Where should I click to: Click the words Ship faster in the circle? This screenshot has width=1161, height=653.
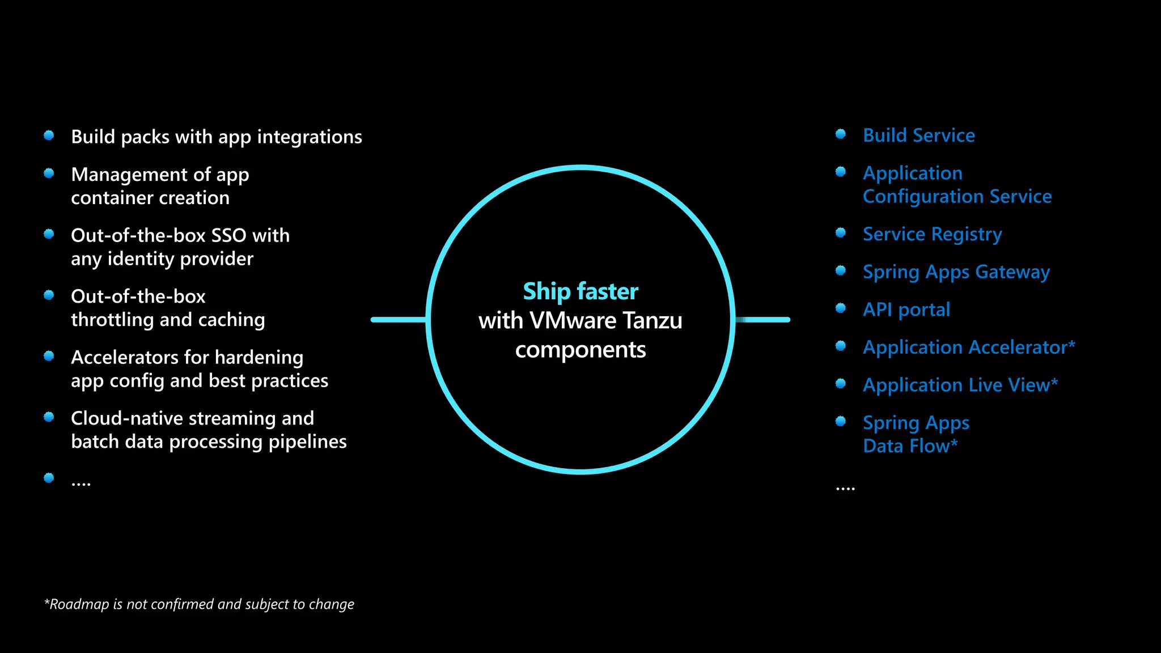580,291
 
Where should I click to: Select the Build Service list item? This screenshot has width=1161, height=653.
918,135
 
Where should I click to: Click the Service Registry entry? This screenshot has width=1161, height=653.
932,234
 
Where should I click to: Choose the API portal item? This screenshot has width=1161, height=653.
906,309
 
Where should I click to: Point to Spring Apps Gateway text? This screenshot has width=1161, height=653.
956,272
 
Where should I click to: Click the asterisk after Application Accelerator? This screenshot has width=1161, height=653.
1071,344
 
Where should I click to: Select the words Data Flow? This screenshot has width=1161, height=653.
906,446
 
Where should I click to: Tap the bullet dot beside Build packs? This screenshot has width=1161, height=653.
49,135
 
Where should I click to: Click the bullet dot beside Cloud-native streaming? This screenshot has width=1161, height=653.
49,417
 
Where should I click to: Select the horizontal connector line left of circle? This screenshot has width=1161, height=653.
398,320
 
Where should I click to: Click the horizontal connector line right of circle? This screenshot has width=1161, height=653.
762,320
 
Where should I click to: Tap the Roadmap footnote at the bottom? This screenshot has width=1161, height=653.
199,604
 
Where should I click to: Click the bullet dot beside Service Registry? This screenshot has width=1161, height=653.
841,233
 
